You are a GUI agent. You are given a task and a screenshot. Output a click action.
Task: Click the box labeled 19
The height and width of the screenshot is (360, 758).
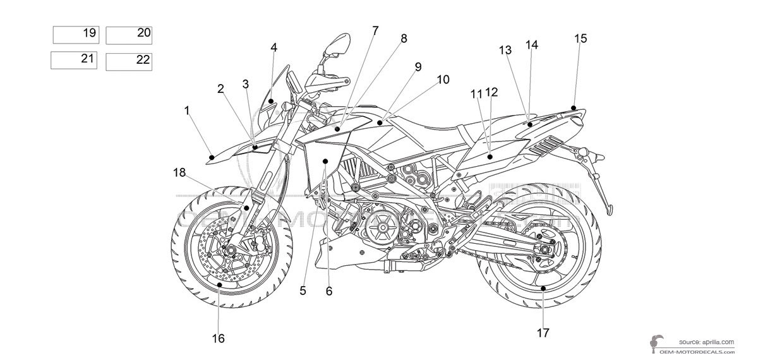(76, 34)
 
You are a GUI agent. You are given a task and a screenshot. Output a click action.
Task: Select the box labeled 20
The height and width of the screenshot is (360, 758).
(129, 35)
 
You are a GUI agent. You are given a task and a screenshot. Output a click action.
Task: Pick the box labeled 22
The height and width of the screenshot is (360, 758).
(129, 61)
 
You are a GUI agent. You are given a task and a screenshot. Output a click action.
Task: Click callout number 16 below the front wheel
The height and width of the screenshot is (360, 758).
(218, 338)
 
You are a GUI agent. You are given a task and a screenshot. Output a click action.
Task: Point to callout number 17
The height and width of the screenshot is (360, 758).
(543, 332)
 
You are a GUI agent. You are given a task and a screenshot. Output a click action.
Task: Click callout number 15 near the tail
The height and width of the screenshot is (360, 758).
(581, 39)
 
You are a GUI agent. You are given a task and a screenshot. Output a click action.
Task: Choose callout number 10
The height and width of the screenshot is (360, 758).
(442, 80)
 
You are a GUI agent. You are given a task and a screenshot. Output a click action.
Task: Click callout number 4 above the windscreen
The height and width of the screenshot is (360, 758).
(274, 47)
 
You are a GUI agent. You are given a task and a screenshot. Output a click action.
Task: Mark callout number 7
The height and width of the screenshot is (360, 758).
(375, 30)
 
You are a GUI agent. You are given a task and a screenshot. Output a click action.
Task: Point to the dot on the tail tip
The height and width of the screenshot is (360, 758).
(573, 107)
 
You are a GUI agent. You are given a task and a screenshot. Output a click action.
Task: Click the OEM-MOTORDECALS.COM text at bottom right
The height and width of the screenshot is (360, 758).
(702, 352)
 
